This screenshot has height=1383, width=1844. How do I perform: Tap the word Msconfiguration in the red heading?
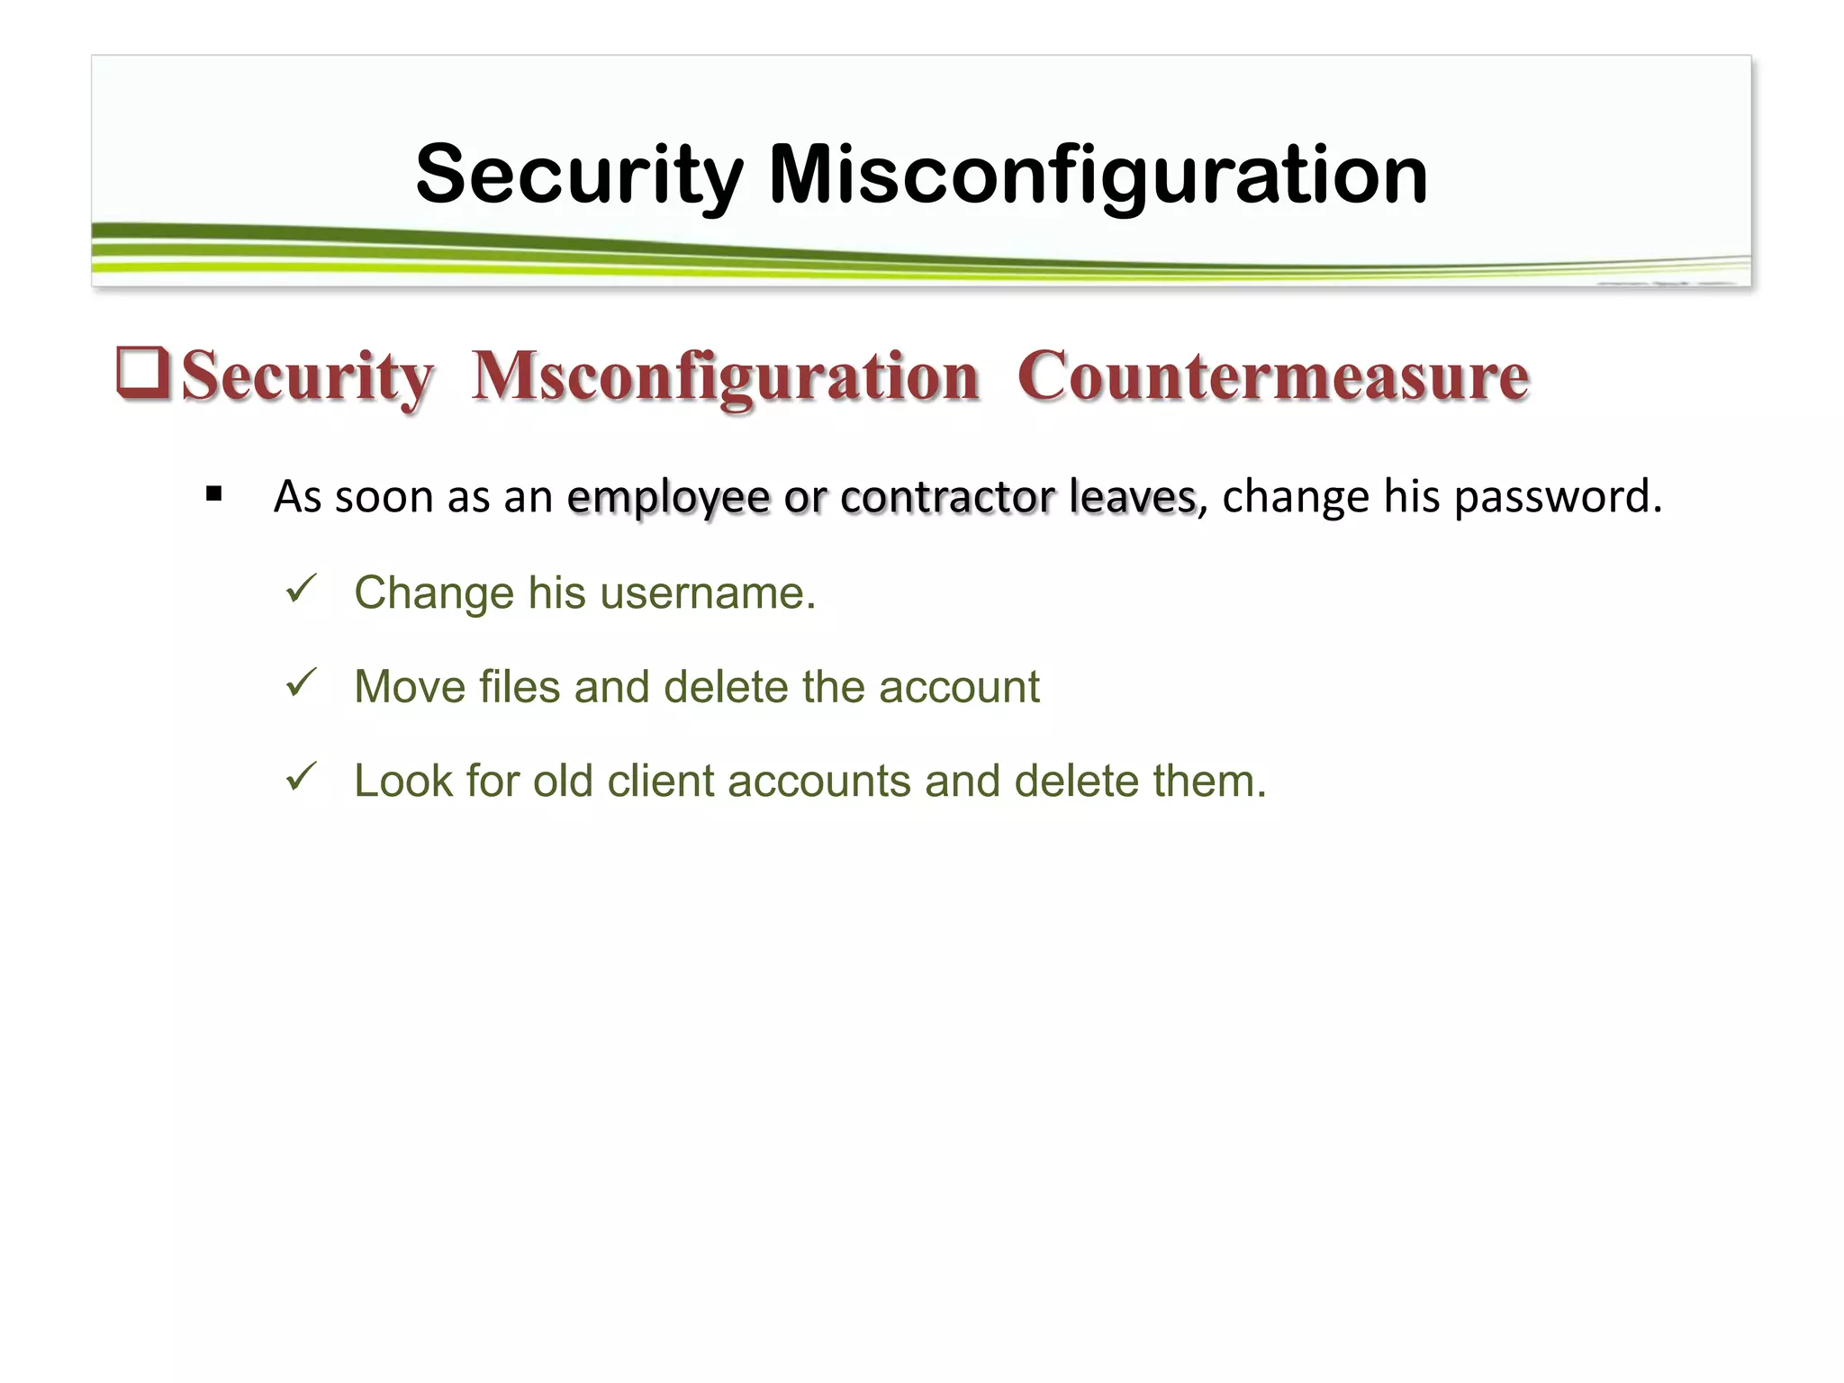[x=725, y=376]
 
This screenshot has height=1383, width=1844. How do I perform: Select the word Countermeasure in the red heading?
[x=1272, y=376]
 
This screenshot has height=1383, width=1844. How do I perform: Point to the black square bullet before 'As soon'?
[x=213, y=493]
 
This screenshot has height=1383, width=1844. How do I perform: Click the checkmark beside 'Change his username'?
[x=300, y=589]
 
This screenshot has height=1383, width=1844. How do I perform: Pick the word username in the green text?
[x=707, y=593]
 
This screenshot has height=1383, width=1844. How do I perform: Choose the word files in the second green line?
[x=520, y=687]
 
